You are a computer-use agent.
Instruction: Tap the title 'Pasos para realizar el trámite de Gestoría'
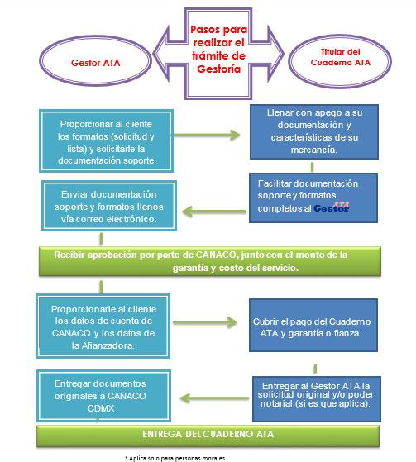click(218, 49)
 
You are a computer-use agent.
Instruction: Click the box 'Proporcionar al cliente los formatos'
click(106, 141)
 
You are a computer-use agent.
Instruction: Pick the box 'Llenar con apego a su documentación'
click(314, 131)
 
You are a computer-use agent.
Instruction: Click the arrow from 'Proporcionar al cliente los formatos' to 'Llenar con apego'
click(206, 136)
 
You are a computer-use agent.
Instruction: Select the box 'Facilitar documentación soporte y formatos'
click(313, 198)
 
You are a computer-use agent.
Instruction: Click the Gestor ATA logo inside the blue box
click(332, 207)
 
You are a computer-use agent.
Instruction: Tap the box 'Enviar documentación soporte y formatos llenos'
click(109, 206)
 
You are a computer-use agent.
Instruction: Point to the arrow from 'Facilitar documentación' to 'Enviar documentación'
click(214, 212)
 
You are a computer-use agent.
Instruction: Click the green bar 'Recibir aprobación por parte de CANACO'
click(210, 261)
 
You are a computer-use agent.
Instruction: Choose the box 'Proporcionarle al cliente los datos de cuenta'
click(103, 326)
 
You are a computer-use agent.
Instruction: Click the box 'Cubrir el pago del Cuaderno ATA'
click(313, 325)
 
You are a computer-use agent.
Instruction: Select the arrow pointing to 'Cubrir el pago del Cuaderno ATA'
click(205, 322)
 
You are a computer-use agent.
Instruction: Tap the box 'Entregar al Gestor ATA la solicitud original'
click(317, 398)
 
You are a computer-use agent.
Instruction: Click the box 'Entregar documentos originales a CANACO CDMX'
click(103, 396)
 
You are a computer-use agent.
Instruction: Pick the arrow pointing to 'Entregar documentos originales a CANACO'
click(214, 398)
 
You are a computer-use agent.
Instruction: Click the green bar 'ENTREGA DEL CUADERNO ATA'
click(208, 436)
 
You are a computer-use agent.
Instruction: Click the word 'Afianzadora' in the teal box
click(108, 345)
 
